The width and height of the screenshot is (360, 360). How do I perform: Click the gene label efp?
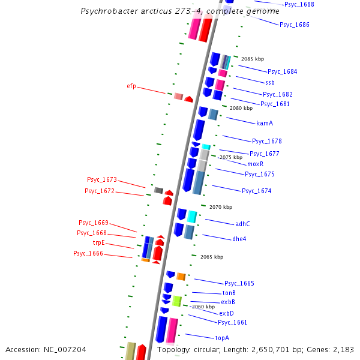(131, 86)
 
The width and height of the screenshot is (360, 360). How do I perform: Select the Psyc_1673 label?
(101, 179)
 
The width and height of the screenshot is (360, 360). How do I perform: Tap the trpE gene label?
(98, 242)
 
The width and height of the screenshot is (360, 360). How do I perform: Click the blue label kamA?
(265, 123)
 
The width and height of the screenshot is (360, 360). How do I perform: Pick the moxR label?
(255, 164)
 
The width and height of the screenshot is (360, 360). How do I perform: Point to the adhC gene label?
(242, 224)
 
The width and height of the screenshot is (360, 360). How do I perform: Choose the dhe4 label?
(239, 239)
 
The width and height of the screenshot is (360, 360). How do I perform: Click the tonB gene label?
(229, 293)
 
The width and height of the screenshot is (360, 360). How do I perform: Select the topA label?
(222, 338)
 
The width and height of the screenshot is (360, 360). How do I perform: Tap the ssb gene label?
(269, 82)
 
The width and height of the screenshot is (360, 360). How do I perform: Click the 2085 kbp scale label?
(252, 59)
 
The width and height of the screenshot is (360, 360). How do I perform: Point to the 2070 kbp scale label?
(220, 207)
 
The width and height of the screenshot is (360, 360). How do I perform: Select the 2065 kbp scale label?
(211, 257)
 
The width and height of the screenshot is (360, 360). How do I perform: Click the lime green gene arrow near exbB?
(176, 301)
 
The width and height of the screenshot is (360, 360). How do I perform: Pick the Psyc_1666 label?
(88, 253)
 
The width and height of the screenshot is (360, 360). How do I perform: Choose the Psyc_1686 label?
(294, 25)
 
